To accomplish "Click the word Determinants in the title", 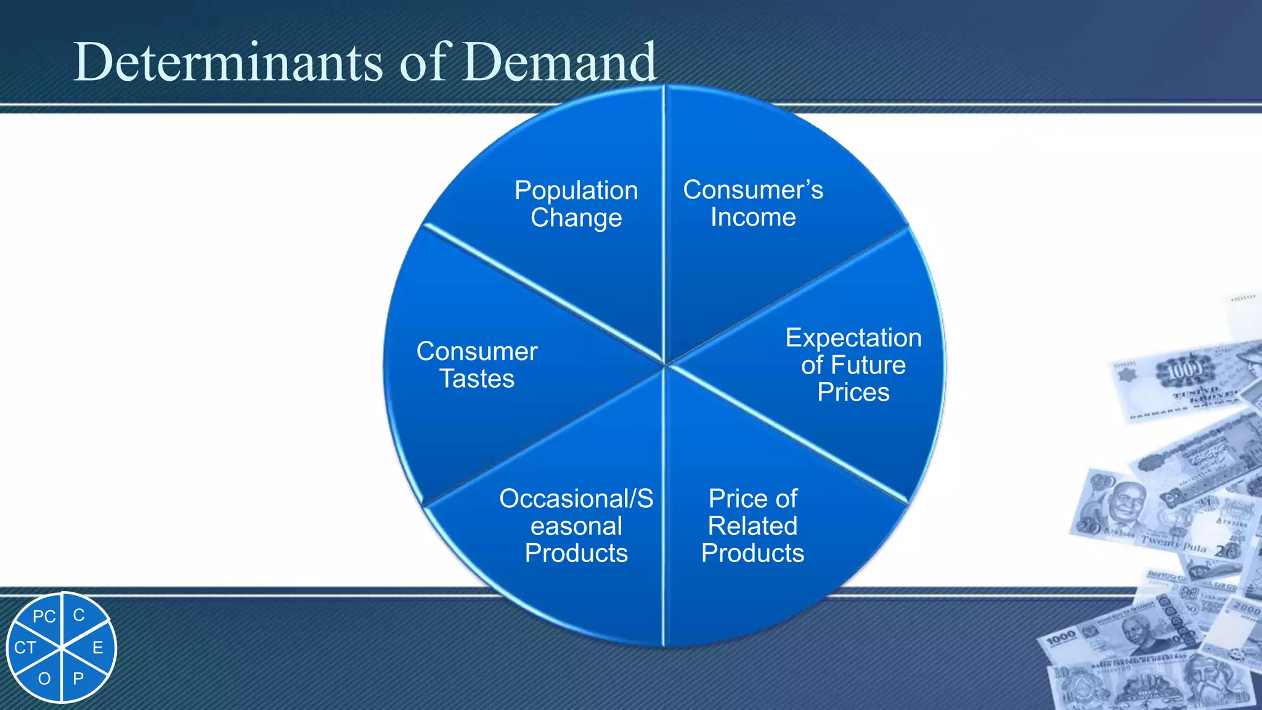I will pyautogui.click(x=228, y=62).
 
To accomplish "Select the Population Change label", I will pyautogui.click(x=576, y=204).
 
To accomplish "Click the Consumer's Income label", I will pyautogui.click(x=753, y=203).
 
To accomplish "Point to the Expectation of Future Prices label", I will pyautogui.click(x=853, y=365).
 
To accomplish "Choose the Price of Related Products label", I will pyautogui.click(x=752, y=526).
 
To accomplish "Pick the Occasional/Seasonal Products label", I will pyautogui.click(x=576, y=526).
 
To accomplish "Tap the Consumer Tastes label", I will pyautogui.click(x=477, y=365).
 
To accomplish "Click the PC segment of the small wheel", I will pyautogui.click(x=44, y=616).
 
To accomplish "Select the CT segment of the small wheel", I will pyautogui.click(x=25, y=648).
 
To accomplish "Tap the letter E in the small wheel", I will pyautogui.click(x=97, y=648).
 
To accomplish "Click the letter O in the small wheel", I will pyautogui.click(x=44, y=679).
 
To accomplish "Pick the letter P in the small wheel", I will pyautogui.click(x=78, y=679).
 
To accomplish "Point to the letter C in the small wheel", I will pyautogui.click(x=79, y=615).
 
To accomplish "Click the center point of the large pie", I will pyautogui.click(x=664, y=365).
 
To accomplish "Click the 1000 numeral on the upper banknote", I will pyautogui.click(x=1184, y=370).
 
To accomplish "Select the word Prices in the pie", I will pyautogui.click(x=853, y=393).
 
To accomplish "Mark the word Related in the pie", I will pyautogui.click(x=752, y=526).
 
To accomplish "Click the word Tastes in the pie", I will pyautogui.click(x=477, y=378).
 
